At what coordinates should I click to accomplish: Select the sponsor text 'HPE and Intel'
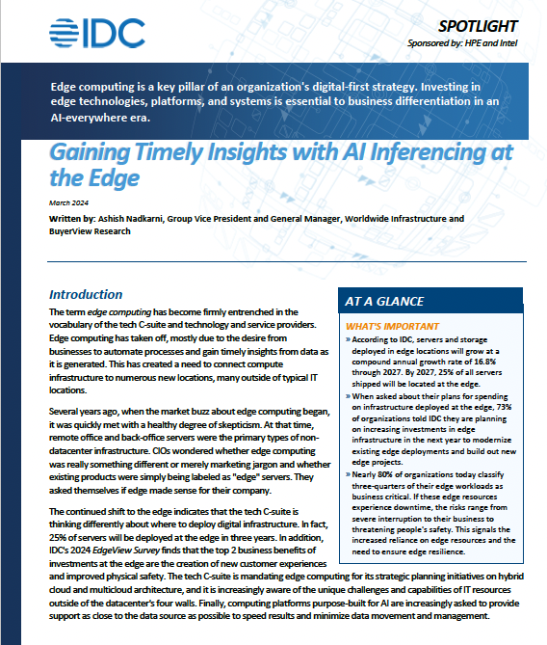pos(489,43)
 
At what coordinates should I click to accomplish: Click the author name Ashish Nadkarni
pos(135,219)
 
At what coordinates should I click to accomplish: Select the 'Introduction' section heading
pos(86,294)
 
